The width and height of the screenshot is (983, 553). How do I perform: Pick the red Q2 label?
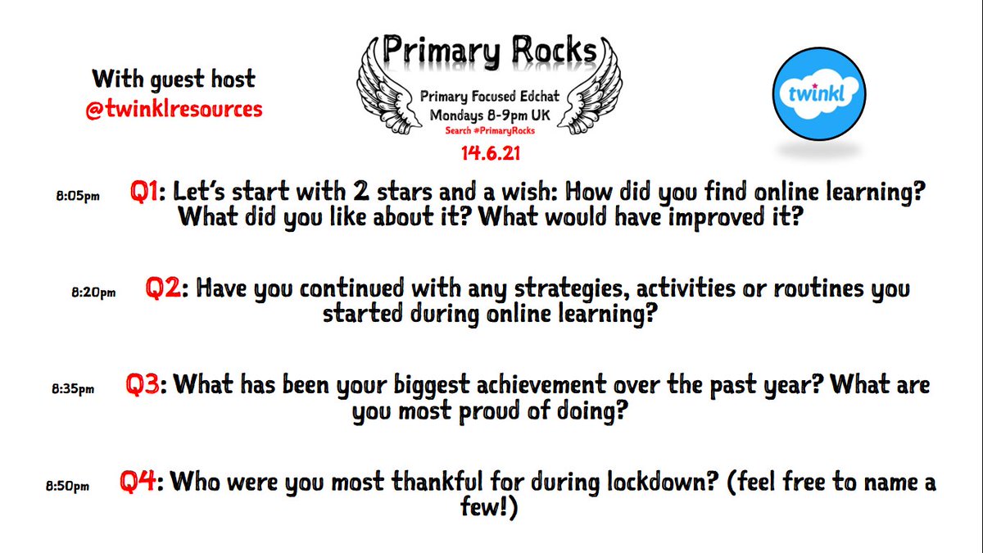pyautogui.click(x=163, y=288)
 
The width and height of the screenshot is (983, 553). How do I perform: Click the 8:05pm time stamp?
pyautogui.click(x=75, y=197)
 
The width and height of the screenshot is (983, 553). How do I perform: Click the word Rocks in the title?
pyautogui.click(x=548, y=49)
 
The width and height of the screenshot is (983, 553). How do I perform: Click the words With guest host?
pyautogui.click(x=174, y=80)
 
